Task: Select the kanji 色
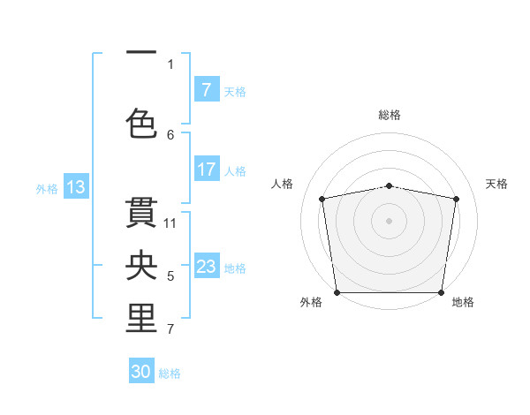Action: [141, 124]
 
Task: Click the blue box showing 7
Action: [206, 90]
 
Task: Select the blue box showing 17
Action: [206, 170]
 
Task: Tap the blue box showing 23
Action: [206, 267]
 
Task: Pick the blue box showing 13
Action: [75, 187]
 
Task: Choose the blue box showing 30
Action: [141, 372]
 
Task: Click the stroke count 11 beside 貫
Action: [171, 223]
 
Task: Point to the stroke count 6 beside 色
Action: [171, 134]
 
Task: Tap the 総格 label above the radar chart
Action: [390, 115]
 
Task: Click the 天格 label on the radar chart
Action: [496, 184]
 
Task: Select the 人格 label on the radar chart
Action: [283, 184]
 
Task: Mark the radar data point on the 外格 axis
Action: [337, 292]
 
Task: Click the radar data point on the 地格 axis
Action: [442, 292]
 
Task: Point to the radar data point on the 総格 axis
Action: [390, 185]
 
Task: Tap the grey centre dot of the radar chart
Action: [390, 220]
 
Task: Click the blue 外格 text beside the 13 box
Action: [46, 188]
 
